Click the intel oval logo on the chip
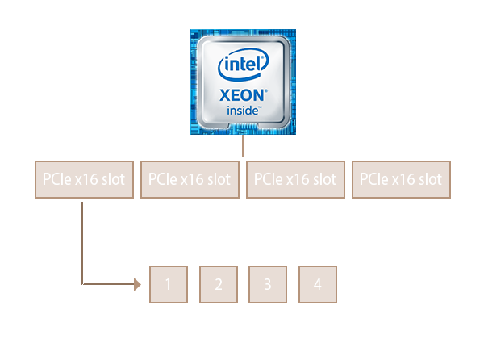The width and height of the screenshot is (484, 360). tap(242, 63)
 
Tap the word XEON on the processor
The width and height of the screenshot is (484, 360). tap(240, 94)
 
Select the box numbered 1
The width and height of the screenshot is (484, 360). tap(168, 284)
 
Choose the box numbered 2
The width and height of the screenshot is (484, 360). tap(218, 284)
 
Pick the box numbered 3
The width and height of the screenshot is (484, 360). tap(268, 284)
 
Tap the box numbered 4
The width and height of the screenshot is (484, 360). tap(318, 284)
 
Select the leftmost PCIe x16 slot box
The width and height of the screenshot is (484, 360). tap(82, 179)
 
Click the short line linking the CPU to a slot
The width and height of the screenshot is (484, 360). tap(243, 147)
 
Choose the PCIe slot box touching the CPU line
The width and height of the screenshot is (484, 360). tap(295, 179)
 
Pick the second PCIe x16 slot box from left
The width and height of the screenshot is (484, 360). tap(189, 179)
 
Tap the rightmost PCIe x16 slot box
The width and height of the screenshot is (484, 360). tap(401, 179)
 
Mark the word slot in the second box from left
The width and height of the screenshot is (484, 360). tap(217, 179)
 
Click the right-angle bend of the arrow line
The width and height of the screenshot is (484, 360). tap(83, 284)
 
